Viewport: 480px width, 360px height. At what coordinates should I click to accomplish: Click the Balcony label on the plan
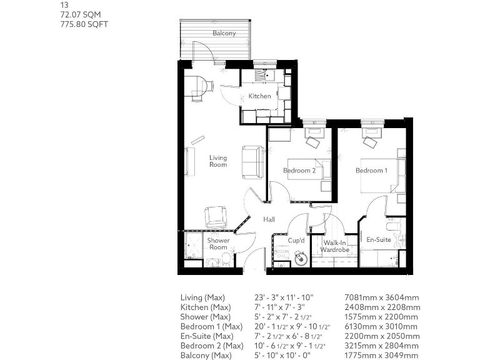tap(224, 33)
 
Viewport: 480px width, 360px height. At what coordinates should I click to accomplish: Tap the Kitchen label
tap(259, 96)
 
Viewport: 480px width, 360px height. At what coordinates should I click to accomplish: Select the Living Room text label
tap(217, 161)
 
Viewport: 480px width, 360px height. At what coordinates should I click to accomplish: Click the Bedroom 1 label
tap(371, 171)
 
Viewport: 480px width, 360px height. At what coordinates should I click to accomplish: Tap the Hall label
tap(269, 219)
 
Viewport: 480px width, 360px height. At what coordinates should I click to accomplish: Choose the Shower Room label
tap(218, 244)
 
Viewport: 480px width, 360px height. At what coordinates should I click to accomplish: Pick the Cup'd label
tap(296, 240)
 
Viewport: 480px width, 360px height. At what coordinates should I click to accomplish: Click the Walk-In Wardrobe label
tap(335, 246)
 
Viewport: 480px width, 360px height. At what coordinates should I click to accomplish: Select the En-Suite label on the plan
tap(378, 239)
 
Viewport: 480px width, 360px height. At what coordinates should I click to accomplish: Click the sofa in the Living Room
tap(253, 162)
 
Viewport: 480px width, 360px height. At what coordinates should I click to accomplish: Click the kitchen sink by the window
tap(270, 76)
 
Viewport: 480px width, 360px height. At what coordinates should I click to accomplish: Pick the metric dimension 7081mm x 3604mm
tap(382, 297)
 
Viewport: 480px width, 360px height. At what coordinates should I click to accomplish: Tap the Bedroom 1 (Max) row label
tap(211, 327)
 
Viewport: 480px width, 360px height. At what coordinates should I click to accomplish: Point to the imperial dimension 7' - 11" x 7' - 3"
tap(285, 307)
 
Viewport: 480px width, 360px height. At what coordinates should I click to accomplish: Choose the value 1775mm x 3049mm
tap(382, 356)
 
